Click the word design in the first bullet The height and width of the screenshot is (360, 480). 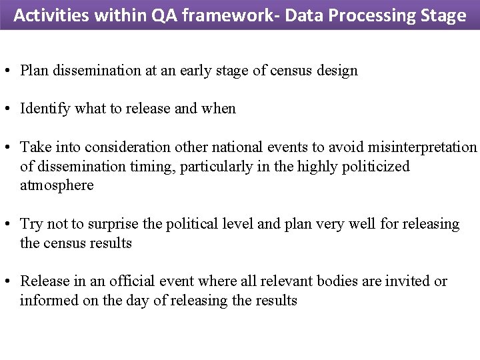pyautogui.click(x=339, y=70)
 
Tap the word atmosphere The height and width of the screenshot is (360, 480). pyautogui.click(x=57, y=185)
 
